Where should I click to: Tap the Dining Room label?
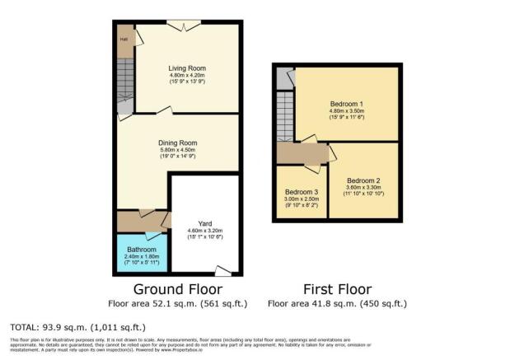pyautogui.click(x=178, y=143)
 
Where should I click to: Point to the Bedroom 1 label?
pyautogui.click(x=347, y=103)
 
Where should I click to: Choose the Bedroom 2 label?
pyautogui.click(x=363, y=180)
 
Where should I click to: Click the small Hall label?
pyautogui.click(x=124, y=39)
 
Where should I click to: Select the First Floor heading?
pyautogui.click(x=336, y=289)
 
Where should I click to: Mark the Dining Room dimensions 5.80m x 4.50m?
pyautogui.click(x=178, y=150)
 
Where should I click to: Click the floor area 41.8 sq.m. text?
pyautogui.click(x=336, y=302)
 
